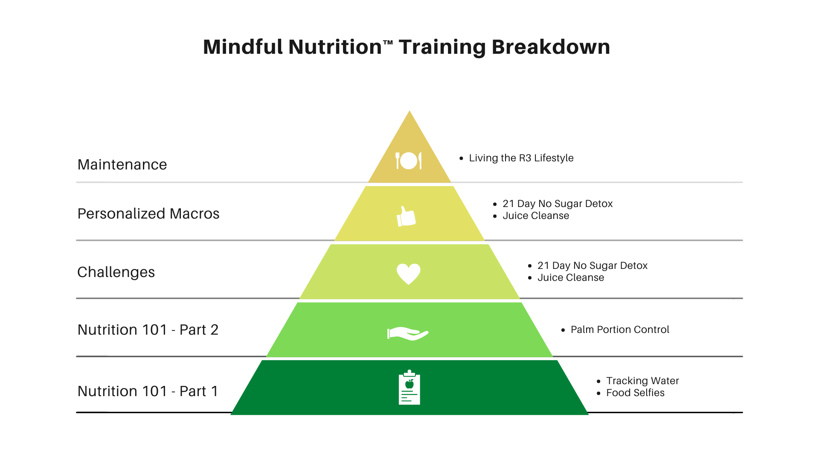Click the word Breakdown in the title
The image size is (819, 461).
tap(551, 47)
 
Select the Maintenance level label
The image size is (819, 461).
tap(122, 165)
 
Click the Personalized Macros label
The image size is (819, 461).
tap(148, 214)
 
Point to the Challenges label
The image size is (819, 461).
tap(116, 272)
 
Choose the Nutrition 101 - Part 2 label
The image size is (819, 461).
tap(148, 330)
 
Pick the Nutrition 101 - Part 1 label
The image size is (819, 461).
tap(148, 391)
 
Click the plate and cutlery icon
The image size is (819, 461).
tap(409, 160)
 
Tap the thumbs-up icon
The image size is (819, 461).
tap(406, 216)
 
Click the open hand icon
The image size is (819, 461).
tap(408, 333)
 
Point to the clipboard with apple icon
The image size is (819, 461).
tap(409, 387)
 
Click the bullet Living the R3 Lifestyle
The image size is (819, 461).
tap(521, 158)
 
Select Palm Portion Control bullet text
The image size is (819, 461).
tap(620, 330)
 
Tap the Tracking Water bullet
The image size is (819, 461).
tap(642, 381)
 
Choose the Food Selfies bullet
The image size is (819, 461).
tap(635, 393)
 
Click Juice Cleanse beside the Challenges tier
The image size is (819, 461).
tap(571, 278)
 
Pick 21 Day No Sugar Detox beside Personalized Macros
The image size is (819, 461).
tap(558, 204)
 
